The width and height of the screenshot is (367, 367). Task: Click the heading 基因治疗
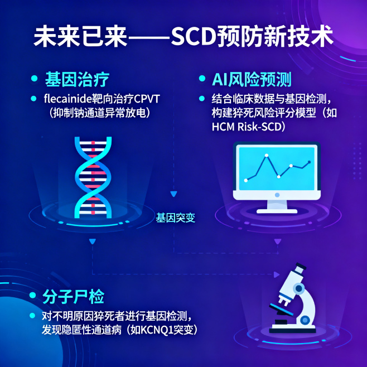[77, 79]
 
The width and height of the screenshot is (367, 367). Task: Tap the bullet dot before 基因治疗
[35, 79]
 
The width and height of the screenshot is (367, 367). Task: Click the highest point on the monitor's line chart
[267, 155]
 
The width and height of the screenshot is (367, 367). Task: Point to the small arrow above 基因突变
[173, 194]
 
